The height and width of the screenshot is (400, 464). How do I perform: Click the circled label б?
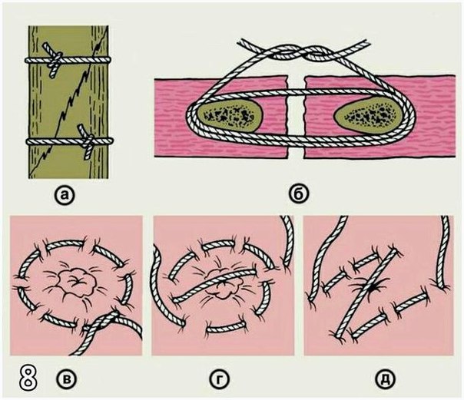click(299, 196)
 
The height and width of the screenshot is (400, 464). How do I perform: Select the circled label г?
click(220, 379)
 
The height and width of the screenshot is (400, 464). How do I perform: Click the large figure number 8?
click(28, 377)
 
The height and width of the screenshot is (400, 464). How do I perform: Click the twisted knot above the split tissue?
click(304, 53)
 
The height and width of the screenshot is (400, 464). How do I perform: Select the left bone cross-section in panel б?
click(230, 114)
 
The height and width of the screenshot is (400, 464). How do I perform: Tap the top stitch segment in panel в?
click(65, 244)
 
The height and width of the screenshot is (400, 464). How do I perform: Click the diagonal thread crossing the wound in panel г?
click(214, 286)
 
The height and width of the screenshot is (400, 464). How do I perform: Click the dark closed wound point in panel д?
click(370, 287)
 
